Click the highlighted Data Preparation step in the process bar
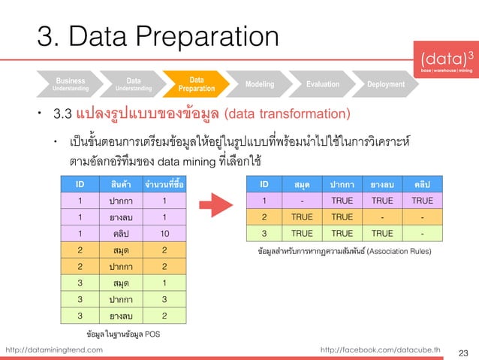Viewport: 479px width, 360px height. (x=196, y=83)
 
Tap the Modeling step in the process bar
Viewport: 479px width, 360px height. (x=260, y=84)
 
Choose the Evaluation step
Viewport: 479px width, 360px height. (x=322, y=84)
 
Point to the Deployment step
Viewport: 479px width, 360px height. (x=386, y=84)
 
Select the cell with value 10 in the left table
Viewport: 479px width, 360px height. (x=164, y=234)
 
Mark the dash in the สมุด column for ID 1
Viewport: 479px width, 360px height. (x=301, y=201)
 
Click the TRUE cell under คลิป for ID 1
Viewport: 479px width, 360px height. (x=422, y=201)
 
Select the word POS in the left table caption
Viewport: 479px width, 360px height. (x=151, y=332)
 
